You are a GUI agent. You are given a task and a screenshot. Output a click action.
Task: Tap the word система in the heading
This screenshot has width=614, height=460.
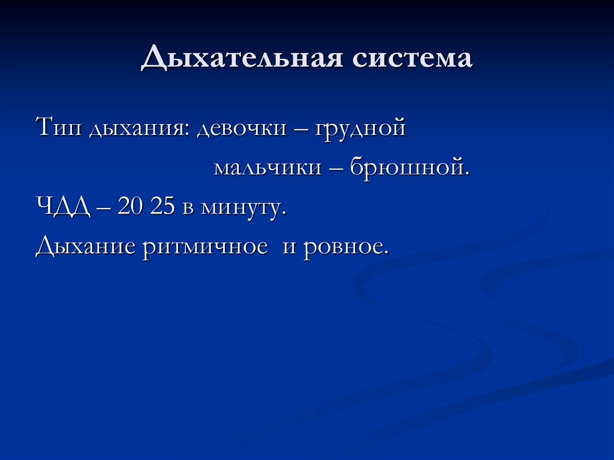pyautogui.click(x=413, y=59)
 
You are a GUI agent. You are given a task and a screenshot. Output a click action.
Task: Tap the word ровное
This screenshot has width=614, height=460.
pyautogui.click(x=346, y=246)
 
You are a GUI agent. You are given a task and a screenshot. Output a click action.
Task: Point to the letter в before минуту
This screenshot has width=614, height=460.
pyautogui.click(x=188, y=208)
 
